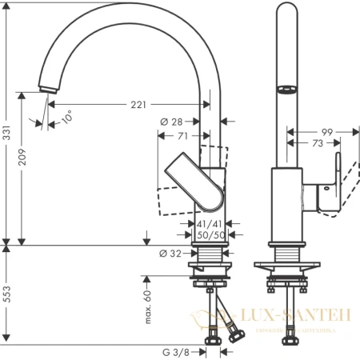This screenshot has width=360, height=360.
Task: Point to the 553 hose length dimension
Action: [7, 294]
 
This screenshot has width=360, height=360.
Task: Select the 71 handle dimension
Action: [182, 137]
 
